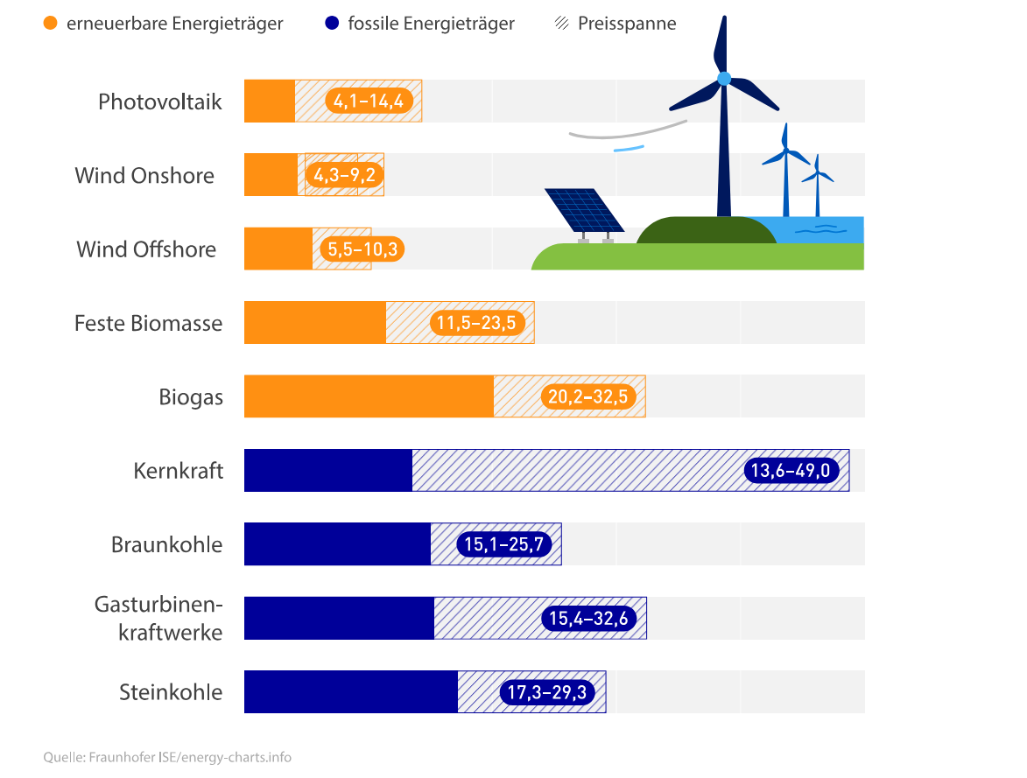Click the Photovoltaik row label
coord(160,102)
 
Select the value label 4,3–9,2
coord(345,176)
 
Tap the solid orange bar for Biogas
coord(368,396)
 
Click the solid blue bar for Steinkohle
coord(350,692)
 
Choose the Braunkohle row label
coord(166,544)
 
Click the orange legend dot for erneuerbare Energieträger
coord(51,24)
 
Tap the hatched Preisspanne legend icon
coord(562,24)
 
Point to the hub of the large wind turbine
coord(723,79)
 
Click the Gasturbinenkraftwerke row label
coord(158,618)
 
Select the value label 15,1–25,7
coord(503,545)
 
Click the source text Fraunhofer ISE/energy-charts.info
coord(167,757)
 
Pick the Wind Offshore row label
coord(146,249)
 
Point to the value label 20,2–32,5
coord(587,397)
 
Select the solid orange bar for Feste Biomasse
coord(314,323)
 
